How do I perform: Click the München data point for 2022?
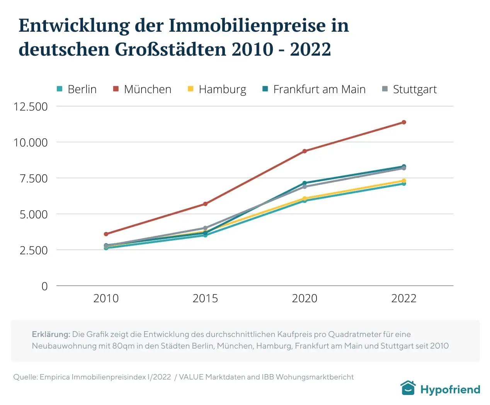point(404,122)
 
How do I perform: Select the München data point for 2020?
point(305,151)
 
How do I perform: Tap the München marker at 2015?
point(205,204)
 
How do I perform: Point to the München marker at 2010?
point(106,234)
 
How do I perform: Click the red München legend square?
point(116,89)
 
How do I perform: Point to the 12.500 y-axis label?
point(31,107)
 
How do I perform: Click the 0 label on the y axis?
point(44,286)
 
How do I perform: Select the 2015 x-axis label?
point(205,298)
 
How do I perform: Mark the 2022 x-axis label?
point(404,298)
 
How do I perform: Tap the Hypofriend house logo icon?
point(408,388)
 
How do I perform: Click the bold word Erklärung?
point(51,334)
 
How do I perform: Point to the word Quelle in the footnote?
point(25,377)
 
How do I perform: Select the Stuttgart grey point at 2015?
point(205,228)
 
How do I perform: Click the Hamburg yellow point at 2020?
point(305,199)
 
